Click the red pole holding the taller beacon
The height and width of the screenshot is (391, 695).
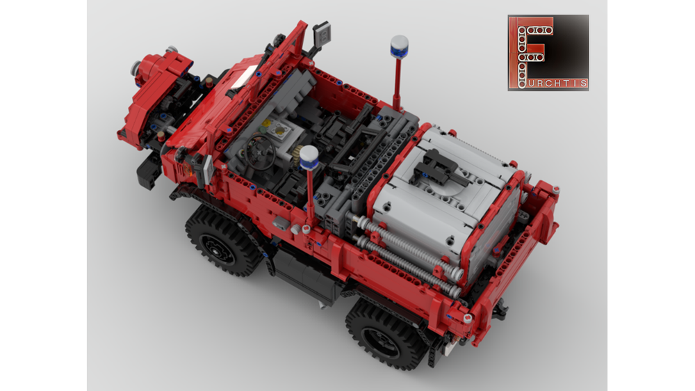point(397,83)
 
